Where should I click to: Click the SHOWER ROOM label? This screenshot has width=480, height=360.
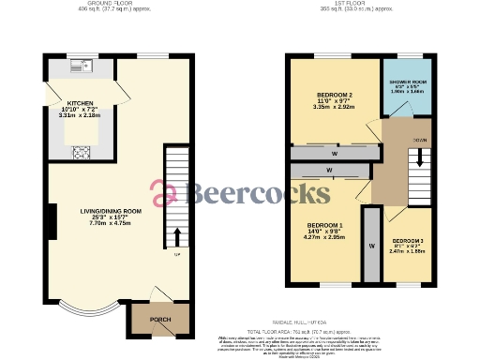click(x=409, y=82)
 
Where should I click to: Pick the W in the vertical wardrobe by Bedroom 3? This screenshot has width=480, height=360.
click(x=371, y=243)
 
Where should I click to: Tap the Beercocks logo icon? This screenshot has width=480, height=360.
click(x=168, y=193)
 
